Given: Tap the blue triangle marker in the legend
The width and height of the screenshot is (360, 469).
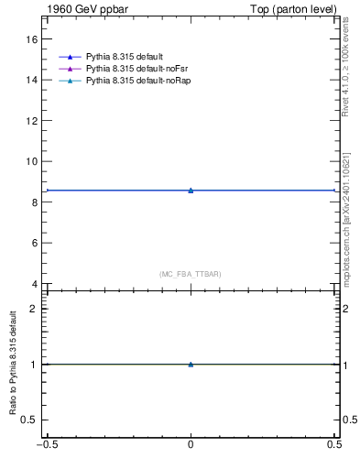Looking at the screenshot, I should point(69,58).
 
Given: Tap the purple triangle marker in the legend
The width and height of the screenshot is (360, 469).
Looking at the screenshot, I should point(69,70).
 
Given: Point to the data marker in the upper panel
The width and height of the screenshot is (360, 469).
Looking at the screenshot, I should point(191,190).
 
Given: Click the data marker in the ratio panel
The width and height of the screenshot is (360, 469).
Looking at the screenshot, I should point(191,364).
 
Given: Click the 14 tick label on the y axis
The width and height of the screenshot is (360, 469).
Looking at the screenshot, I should point(32,80).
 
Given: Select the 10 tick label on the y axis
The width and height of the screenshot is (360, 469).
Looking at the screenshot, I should point(32,161).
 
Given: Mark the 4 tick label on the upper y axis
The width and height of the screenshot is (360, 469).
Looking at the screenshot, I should point(35,284).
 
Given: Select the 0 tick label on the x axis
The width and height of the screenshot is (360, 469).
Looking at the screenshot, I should point(191,448).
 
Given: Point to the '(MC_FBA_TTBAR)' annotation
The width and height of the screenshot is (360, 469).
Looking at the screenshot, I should point(190,274).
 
